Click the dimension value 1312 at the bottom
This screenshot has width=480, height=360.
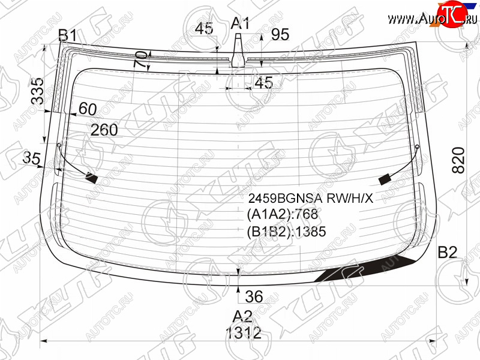point(244,332)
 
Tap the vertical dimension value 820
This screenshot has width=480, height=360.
point(458,160)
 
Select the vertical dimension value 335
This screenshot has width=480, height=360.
point(38,91)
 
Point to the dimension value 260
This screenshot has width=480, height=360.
point(104,130)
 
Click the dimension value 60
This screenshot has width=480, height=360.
point(88,109)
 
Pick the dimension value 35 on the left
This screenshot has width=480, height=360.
point(31,158)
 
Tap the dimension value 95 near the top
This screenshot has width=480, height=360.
point(280,34)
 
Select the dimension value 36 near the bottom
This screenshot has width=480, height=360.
point(254,296)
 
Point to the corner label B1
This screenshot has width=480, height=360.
point(68,35)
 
